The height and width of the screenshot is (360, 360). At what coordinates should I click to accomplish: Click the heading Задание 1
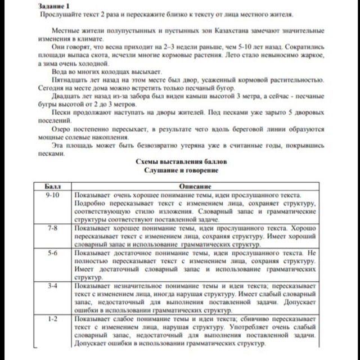[x=54, y=5]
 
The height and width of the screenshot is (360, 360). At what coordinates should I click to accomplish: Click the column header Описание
[x=195, y=186]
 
